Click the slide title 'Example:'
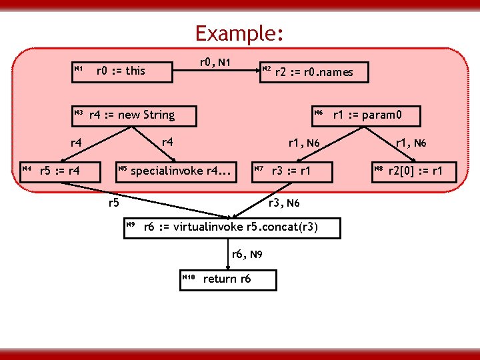coord(240,33)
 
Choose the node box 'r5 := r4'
coord(59,171)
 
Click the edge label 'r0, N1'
coord(215,63)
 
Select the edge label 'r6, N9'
coord(247,255)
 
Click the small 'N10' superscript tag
coord(187,276)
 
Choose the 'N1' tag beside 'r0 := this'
coord(78,68)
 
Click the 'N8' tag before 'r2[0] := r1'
coord(379,169)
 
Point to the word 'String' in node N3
coord(158,115)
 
